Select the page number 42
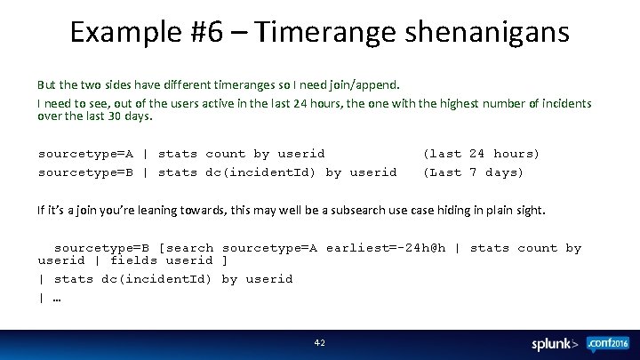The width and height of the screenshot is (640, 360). click(x=320, y=342)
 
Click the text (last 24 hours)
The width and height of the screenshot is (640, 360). click(x=481, y=154)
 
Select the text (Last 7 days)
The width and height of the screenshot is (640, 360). click(x=473, y=172)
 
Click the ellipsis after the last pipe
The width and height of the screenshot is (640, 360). click(x=56, y=297)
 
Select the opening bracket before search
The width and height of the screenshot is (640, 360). click(x=160, y=248)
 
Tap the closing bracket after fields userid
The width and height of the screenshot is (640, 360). click(x=225, y=260)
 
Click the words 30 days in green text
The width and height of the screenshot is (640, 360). click(x=132, y=116)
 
